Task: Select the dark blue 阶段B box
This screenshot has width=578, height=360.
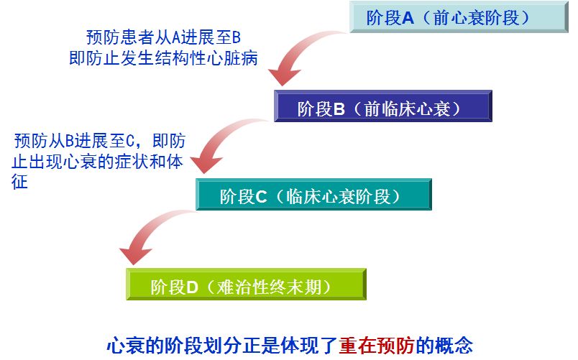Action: (382, 107)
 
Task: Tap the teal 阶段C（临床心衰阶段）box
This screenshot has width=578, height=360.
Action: (313, 195)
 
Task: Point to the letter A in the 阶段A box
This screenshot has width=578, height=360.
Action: (408, 18)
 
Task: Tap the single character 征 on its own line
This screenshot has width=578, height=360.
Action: (20, 182)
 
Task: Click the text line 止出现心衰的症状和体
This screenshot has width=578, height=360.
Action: (97, 161)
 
